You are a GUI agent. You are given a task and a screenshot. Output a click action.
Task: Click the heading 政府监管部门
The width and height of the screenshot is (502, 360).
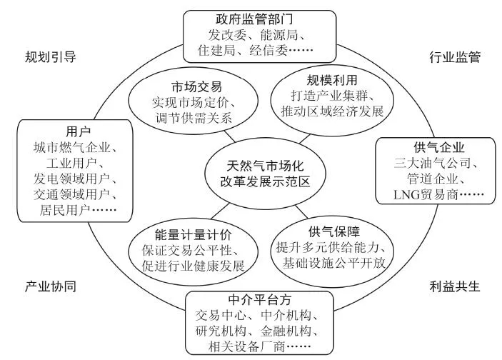point(254,19)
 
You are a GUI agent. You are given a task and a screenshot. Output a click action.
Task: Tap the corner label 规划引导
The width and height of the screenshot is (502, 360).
point(50,57)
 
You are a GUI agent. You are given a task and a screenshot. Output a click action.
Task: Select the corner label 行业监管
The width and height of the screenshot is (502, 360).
point(455,57)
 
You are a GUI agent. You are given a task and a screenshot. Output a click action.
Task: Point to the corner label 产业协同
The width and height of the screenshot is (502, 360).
point(50,286)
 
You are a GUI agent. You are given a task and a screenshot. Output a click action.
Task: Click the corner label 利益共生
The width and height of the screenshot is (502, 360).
point(455,286)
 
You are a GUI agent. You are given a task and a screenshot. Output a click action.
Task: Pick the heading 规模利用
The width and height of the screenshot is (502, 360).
point(332,80)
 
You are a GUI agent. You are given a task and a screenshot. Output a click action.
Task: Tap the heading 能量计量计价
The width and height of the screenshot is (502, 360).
point(193,235)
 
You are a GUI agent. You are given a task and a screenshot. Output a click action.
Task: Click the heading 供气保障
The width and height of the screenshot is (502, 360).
point(334,231)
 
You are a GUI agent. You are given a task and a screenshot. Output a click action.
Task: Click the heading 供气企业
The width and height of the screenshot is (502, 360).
point(438,148)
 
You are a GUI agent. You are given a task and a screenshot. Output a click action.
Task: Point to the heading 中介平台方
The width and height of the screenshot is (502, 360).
point(260,300)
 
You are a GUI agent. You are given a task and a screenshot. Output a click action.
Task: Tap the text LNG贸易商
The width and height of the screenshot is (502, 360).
point(426,194)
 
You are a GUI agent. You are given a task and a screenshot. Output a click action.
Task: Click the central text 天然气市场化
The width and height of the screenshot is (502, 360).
point(265,166)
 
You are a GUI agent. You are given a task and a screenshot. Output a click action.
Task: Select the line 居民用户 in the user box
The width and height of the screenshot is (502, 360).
point(65,210)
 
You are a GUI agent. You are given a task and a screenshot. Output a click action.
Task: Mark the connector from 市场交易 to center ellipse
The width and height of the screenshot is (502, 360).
point(229,136)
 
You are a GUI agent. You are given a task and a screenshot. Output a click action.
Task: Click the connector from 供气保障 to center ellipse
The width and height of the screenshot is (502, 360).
point(301,211)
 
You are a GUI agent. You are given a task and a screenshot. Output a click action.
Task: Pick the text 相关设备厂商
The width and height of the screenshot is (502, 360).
point(246,346)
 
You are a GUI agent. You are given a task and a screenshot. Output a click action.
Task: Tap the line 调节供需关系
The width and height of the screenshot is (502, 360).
point(194,118)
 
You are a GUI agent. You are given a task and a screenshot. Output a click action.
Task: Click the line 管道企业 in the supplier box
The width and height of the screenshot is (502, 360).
point(432,179)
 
